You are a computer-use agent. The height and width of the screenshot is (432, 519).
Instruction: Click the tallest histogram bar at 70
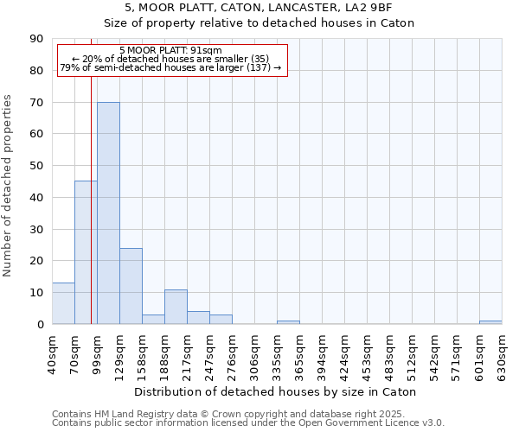[x=108, y=213]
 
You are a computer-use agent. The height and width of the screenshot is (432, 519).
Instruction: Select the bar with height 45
[x=86, y=252]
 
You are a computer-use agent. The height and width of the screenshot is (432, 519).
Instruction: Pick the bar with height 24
[x=131, y=286]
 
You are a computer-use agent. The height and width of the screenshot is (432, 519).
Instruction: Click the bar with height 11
[x=176, y=307]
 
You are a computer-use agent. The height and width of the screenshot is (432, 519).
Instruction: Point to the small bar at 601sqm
[x=490, y=322]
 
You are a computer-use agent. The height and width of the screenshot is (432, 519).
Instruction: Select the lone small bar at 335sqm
[x=288, y=322]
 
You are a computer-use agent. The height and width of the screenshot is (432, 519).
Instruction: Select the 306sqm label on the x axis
[x=254, y=352]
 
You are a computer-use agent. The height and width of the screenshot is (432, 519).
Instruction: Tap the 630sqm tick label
[x=502, y=352]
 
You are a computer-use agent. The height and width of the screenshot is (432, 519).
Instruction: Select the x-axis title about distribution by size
[x=277, y=391]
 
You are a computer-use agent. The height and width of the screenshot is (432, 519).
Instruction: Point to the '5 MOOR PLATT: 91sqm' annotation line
[x=170, y=51]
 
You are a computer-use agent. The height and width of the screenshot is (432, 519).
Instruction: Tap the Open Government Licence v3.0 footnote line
[x=248, y=422]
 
